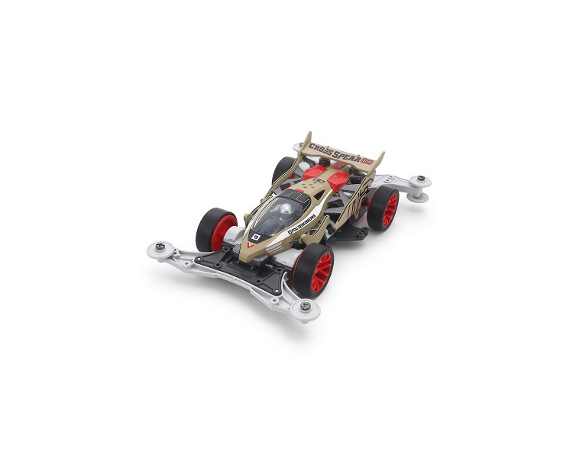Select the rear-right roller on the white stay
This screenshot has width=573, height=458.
(x=419, y=182)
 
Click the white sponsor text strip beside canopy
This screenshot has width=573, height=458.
(x=305, y=226)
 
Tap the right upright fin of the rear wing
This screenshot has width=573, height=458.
(x=377, y=162)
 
